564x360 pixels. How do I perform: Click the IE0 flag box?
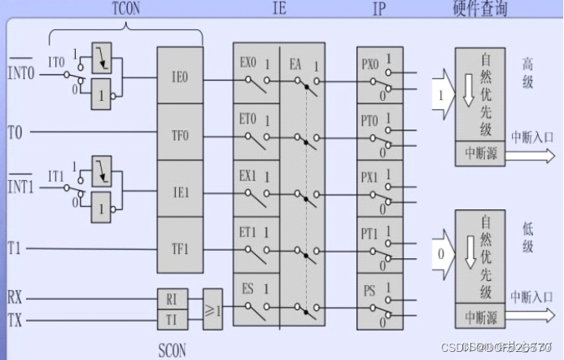179,78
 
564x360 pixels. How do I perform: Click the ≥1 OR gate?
212,310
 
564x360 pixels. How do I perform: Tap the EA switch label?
295,61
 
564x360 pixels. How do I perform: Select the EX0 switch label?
247,61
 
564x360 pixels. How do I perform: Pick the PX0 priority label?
369,61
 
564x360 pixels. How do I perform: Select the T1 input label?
15,246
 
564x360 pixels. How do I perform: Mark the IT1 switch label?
56,175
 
